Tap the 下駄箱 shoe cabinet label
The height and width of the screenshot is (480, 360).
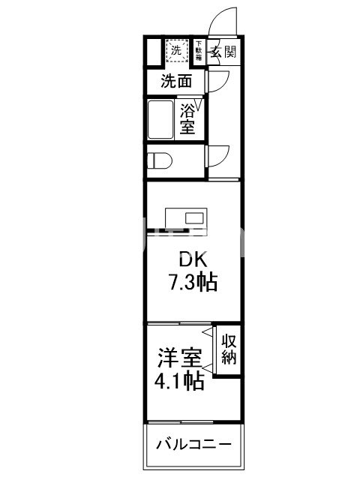pos(199,50)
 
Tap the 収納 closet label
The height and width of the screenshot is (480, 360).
pos(229,348)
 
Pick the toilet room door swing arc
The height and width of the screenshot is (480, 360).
pos(219,154)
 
